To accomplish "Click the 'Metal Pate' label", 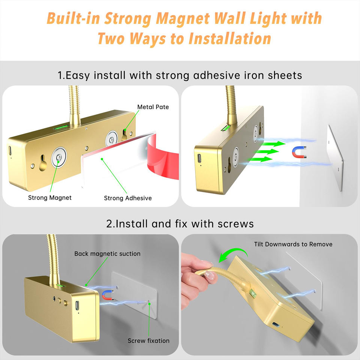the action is tap(153, 107).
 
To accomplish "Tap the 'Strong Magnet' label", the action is tap(50, 198).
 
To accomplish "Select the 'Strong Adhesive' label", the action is tap(128, 198).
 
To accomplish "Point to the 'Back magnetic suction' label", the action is tap(107, 254).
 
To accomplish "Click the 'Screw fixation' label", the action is tap(148, 341).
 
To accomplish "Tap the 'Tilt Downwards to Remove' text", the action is tap(293, 244).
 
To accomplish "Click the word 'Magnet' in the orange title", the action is tap(183, 18).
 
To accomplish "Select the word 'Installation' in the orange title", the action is tap(229, 39).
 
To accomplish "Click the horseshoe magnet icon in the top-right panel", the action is tap(300, 152).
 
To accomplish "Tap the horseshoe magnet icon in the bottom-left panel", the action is tap(108, 295).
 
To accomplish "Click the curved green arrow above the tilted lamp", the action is tap(233, 254).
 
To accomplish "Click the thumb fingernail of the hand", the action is tap(209, 275).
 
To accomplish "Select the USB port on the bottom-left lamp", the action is tap(77, 306).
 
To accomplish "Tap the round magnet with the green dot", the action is tap(59, 157).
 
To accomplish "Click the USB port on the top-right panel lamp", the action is tap(199, 158).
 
